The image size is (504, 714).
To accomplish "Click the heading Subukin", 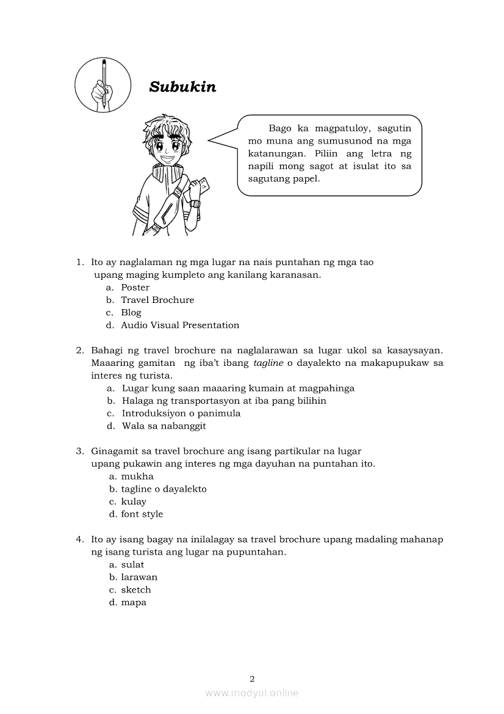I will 182,87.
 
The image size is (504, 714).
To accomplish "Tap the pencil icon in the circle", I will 103,85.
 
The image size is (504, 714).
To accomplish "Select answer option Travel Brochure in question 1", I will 157,300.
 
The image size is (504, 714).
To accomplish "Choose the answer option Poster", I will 135,288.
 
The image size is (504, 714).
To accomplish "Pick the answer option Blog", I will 131,313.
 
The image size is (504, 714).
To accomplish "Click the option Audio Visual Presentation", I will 180,326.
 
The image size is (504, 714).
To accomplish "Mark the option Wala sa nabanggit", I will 164,426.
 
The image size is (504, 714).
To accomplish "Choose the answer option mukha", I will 137,476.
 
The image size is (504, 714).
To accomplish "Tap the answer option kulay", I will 134,502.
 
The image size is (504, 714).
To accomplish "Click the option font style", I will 142,514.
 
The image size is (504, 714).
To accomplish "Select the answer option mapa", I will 134,603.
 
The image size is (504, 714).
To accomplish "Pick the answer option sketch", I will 136,590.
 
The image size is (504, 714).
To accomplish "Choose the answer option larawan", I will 139,577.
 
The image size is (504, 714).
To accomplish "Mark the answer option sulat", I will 132,565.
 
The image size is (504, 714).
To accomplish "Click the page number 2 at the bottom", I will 252,679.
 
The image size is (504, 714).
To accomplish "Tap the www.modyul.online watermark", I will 252,693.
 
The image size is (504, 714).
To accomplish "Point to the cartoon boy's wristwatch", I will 195,203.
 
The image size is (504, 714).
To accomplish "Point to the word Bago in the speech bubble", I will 280,129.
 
